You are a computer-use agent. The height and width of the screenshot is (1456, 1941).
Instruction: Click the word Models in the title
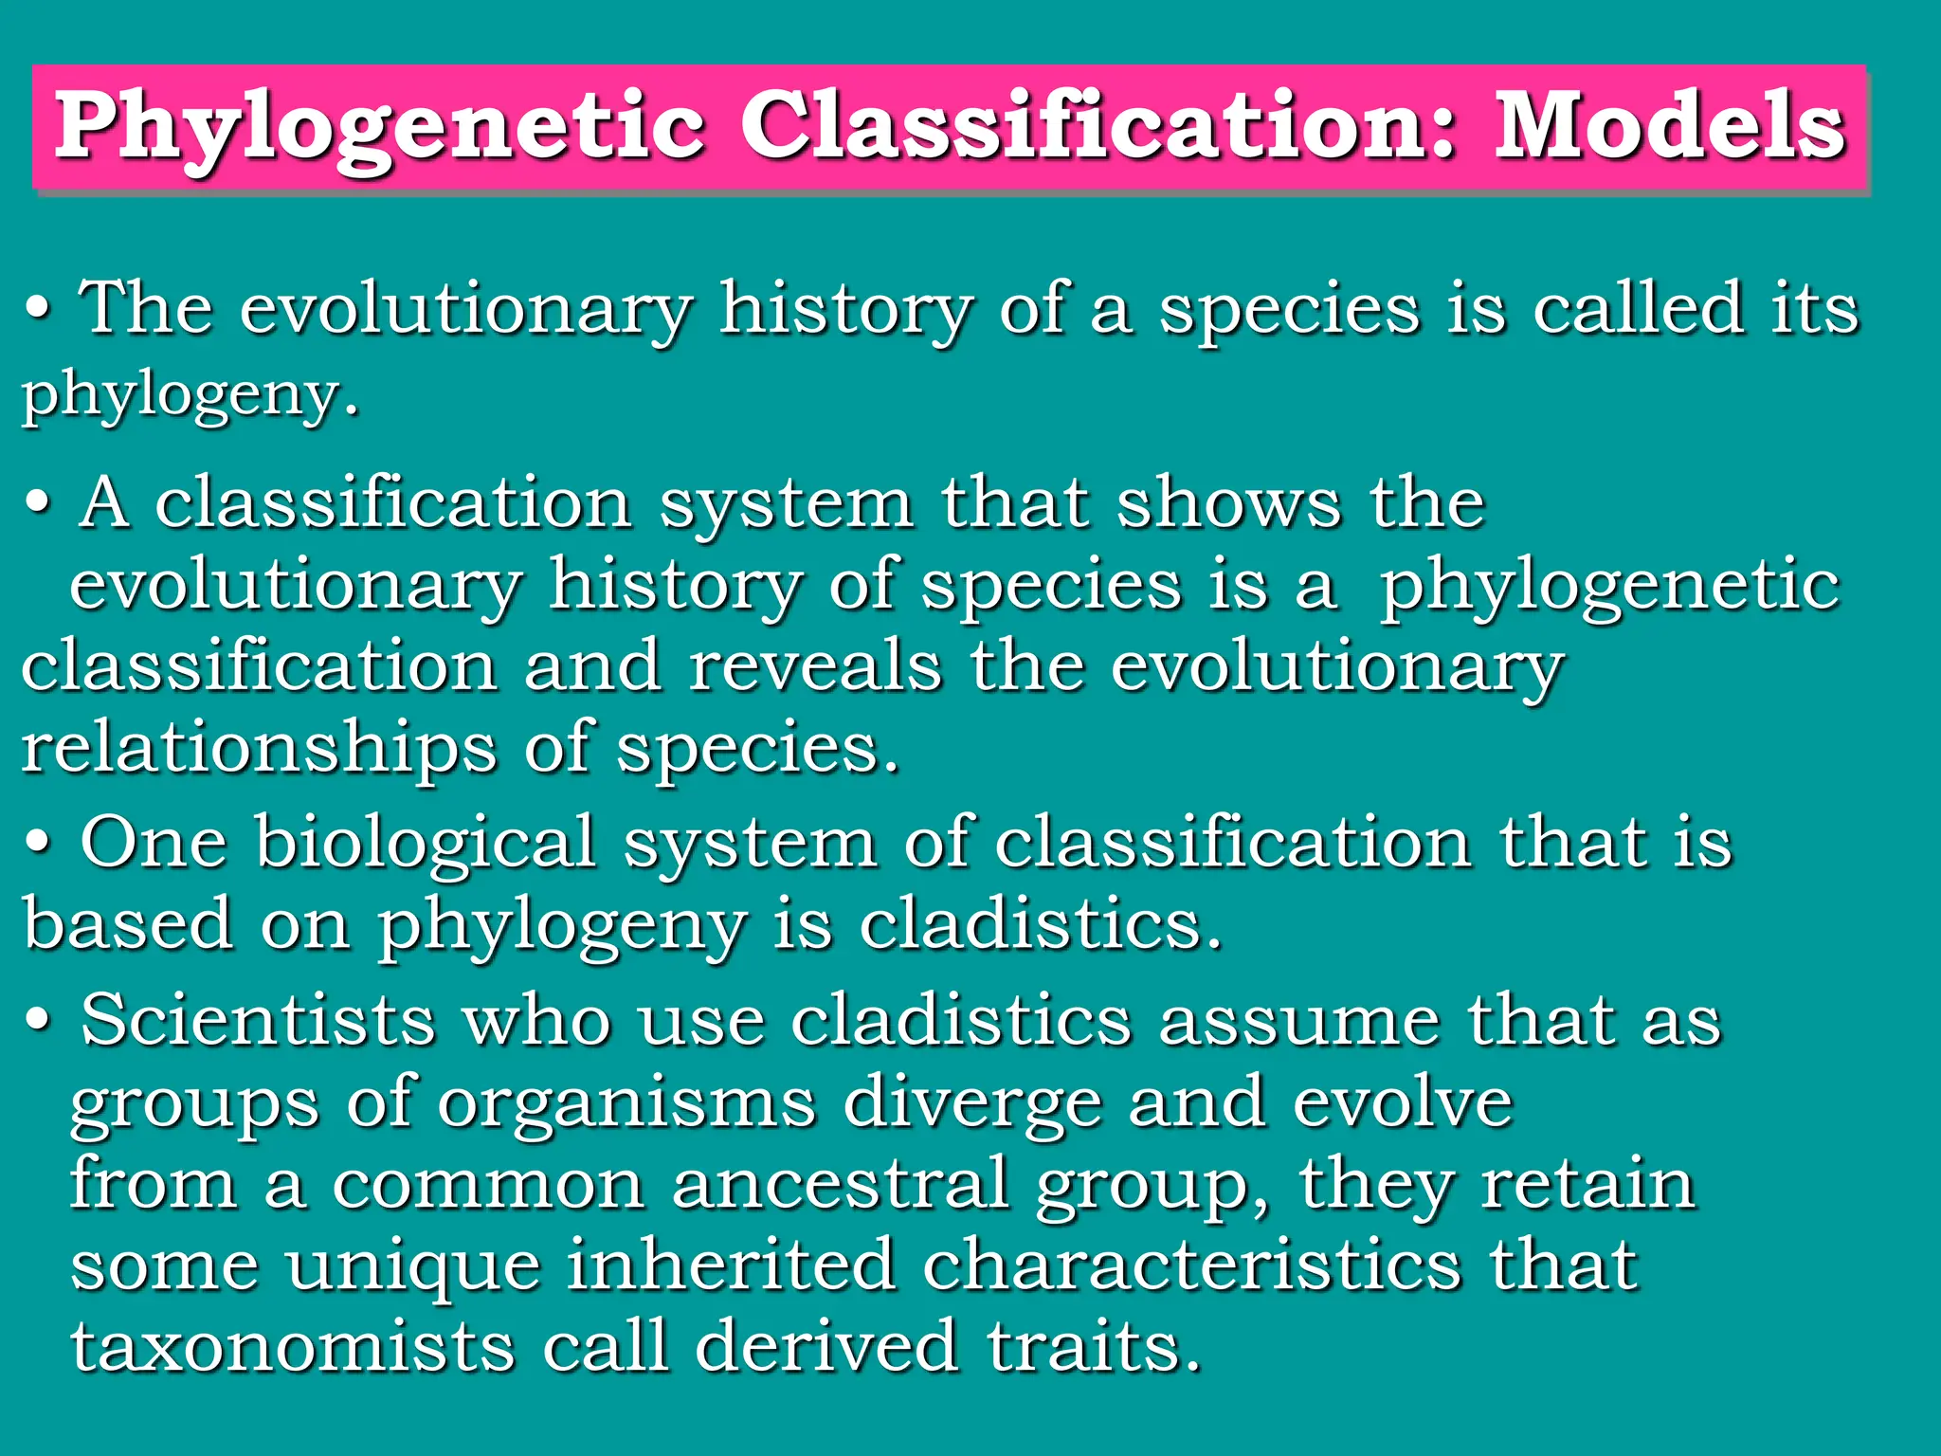coord(1671,128)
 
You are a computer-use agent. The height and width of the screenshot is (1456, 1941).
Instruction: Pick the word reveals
coord(815,665)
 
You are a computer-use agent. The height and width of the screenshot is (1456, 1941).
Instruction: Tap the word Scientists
coord(258,1021)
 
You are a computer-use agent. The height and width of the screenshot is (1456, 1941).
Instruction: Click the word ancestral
coord(841,1185)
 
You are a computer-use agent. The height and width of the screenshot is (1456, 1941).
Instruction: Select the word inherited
coord(731,1265)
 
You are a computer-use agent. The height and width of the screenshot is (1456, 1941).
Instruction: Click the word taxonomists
coord(293,1347)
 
